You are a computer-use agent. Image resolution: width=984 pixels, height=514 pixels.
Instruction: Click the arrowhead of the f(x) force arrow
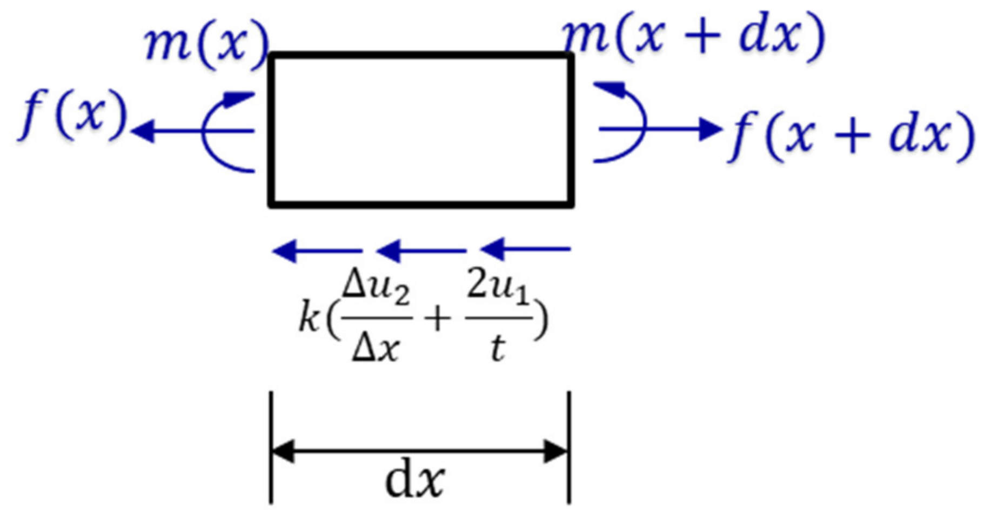tap(143, 131)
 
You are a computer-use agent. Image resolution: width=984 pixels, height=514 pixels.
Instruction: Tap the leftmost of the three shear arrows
tap(317, 251)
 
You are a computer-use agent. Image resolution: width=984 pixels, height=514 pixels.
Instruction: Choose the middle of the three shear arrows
tap(421, 251)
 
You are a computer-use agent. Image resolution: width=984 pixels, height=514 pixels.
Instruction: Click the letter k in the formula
tap(309, 318)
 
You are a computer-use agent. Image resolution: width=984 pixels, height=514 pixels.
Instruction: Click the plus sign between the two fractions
tap(438, 318)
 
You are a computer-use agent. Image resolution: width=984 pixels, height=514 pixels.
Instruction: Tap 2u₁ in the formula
tap(497, 287)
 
